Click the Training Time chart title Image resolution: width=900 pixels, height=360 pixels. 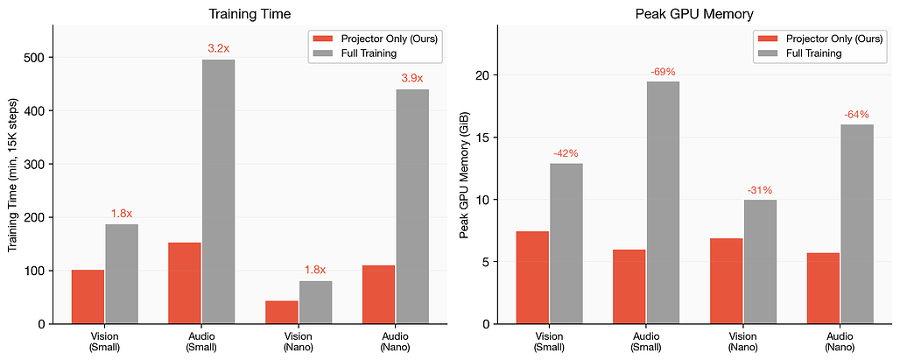tap(250, 14)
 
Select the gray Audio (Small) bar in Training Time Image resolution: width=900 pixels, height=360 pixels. tap(218, 191)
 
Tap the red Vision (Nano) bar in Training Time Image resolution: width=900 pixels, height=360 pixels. tap(282, 312)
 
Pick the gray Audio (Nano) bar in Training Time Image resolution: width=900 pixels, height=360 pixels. tap(412, 206)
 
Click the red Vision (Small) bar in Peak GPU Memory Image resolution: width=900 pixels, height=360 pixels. tap(532, 278)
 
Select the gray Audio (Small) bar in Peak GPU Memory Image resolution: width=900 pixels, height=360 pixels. tap(663, 202)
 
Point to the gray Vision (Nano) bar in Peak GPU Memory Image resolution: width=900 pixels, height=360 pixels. tap(760, 261)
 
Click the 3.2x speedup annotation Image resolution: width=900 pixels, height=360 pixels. tap(218, 49)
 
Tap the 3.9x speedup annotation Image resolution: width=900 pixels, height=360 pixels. tap(412, 79)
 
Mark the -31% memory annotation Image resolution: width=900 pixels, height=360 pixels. tap(760, 189)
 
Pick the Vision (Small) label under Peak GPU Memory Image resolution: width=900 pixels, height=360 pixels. tap(549, 342)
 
